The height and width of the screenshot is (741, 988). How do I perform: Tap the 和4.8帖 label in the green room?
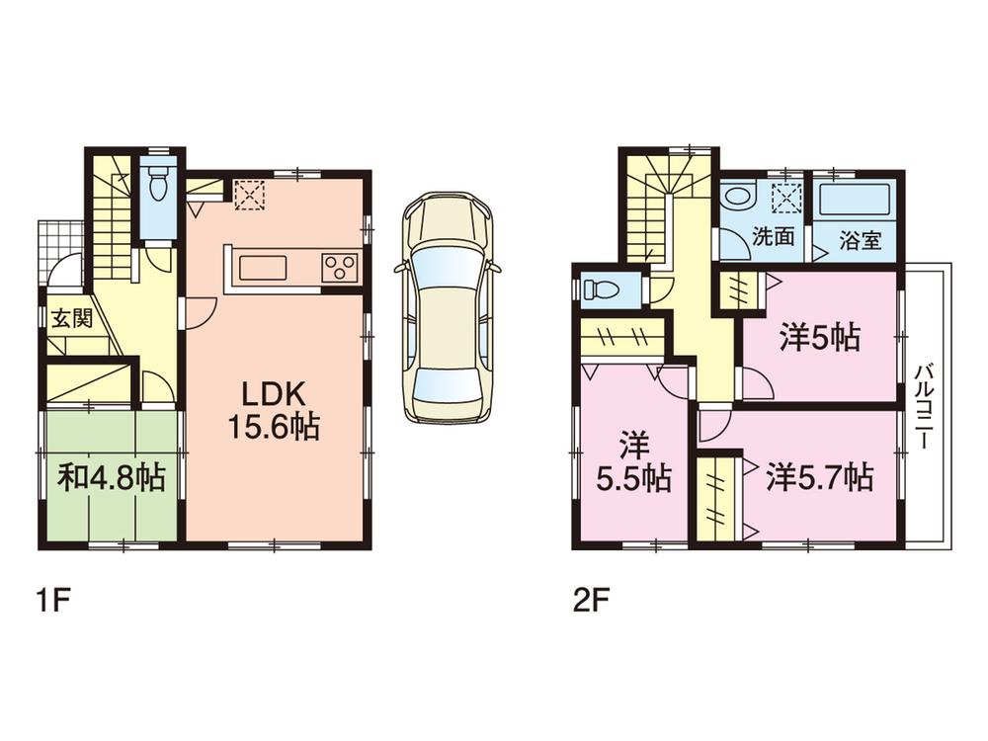pos(111,478)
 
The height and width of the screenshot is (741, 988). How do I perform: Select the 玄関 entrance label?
pos(66,318)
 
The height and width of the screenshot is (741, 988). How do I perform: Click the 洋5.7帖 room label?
pos(819,478)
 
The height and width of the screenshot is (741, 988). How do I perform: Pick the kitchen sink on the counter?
pos(262,267)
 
